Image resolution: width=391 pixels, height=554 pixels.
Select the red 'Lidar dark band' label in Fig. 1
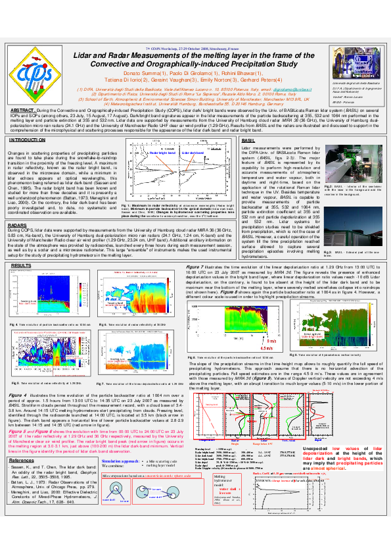[x=191, y=170]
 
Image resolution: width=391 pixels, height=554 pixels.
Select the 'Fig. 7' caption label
[x=101, y=383]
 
